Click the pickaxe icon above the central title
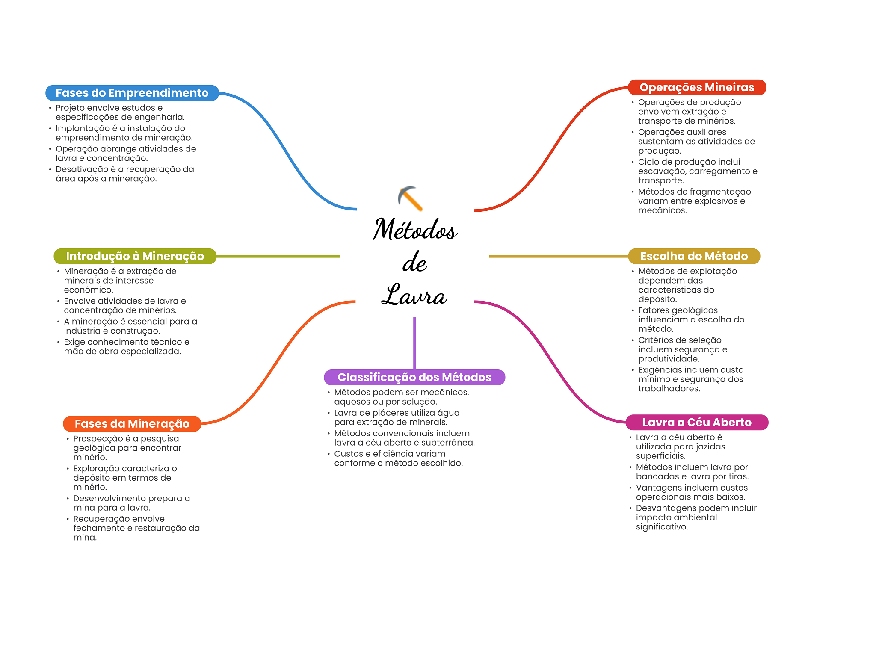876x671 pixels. click(410, 198)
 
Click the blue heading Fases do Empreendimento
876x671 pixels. click(132, 93)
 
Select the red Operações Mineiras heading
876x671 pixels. click(697, 87)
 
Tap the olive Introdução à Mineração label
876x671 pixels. click(135, 256)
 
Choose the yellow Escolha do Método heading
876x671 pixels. click(694, 256)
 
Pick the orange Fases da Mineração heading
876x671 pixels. click(132, 424)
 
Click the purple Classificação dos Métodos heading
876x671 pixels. click(414, 377)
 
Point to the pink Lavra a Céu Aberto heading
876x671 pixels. click(697, 422)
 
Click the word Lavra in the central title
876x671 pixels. click(414, 295)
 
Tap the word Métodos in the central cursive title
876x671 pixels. click(415, 229)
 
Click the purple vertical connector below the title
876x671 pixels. click(414, 343)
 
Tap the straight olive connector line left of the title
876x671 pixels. click(278, 256)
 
